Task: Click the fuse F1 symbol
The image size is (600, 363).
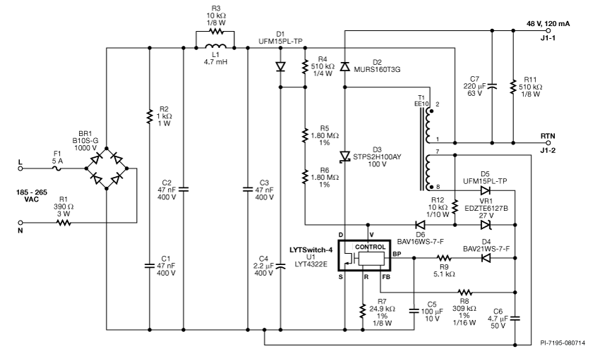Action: pyautogui.click(x=56, y=168)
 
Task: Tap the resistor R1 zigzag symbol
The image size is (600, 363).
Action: pyautogui.click(x=64, y=223)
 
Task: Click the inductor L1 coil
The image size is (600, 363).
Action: pyautogui.click(x=215, y=47)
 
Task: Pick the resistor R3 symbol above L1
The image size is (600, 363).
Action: pyautogui.click(x=215, y=31)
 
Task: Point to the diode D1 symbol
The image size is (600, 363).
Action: pyautogui.click(x=280, y=67)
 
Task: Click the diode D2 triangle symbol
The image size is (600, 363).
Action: pyautogui.click(x=344, y=66)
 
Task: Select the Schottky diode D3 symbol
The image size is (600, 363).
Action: pyautogui.click(x=344, y=156)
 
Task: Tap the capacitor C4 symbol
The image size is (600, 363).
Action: pyautogui.click(x=280, y=265)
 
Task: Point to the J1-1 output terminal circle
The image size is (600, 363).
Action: pyautogui.click(x=548, y=30)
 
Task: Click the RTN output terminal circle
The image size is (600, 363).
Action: pyautogui.click(x=548, y=143)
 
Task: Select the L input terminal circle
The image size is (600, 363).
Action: pyautogui.click(x=20, y=168)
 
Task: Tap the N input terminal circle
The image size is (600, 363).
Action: pyautogui.click(x=20, y=223)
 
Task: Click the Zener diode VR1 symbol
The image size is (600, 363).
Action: pyautogui.click(x=486, y=225)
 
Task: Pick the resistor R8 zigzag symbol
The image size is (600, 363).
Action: pyautogui.click(x=465, y=293)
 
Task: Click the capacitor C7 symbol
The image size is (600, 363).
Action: pyautogui.click(x=492, y=87)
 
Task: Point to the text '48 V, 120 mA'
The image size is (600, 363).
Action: pyautogui.click(x=548, y=24)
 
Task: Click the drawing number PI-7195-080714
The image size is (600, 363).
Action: pyautogui.click(x=563, y=343)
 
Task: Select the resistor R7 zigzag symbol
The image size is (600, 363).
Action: pyautogui.click(x=362, y=311)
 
